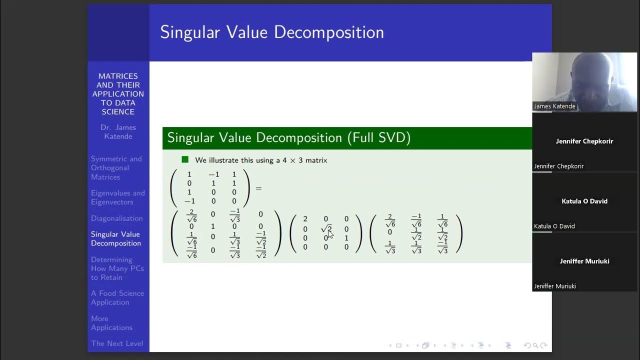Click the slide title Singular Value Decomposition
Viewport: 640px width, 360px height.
point(271,32)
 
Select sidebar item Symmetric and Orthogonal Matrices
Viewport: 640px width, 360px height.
point(116,168)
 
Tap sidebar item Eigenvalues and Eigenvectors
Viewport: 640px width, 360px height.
point(117,197)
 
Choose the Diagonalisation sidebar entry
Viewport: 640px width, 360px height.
point(116,218)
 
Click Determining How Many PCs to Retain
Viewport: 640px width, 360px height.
point(117,268)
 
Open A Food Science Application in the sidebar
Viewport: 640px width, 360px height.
point(117,298)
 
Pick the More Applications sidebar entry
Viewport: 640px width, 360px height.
point(111,323)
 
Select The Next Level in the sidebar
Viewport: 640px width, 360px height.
point(116,343)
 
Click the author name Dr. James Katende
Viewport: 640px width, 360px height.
point(118,132)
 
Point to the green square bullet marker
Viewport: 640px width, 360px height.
point(185,159)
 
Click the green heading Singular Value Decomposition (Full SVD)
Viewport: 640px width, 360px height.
point(288,138)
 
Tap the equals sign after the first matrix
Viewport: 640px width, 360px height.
point(258,188)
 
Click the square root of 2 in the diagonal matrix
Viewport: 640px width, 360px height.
point(326,229)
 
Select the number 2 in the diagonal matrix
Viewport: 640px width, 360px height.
point(305,219)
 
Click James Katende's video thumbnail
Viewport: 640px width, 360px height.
point(584,82)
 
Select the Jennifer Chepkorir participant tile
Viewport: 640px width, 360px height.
point(584,142)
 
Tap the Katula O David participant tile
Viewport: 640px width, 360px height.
point(584,202)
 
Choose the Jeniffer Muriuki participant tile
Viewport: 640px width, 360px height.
point(584,262)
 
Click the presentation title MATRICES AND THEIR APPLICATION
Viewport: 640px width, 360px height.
point(118,94)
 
